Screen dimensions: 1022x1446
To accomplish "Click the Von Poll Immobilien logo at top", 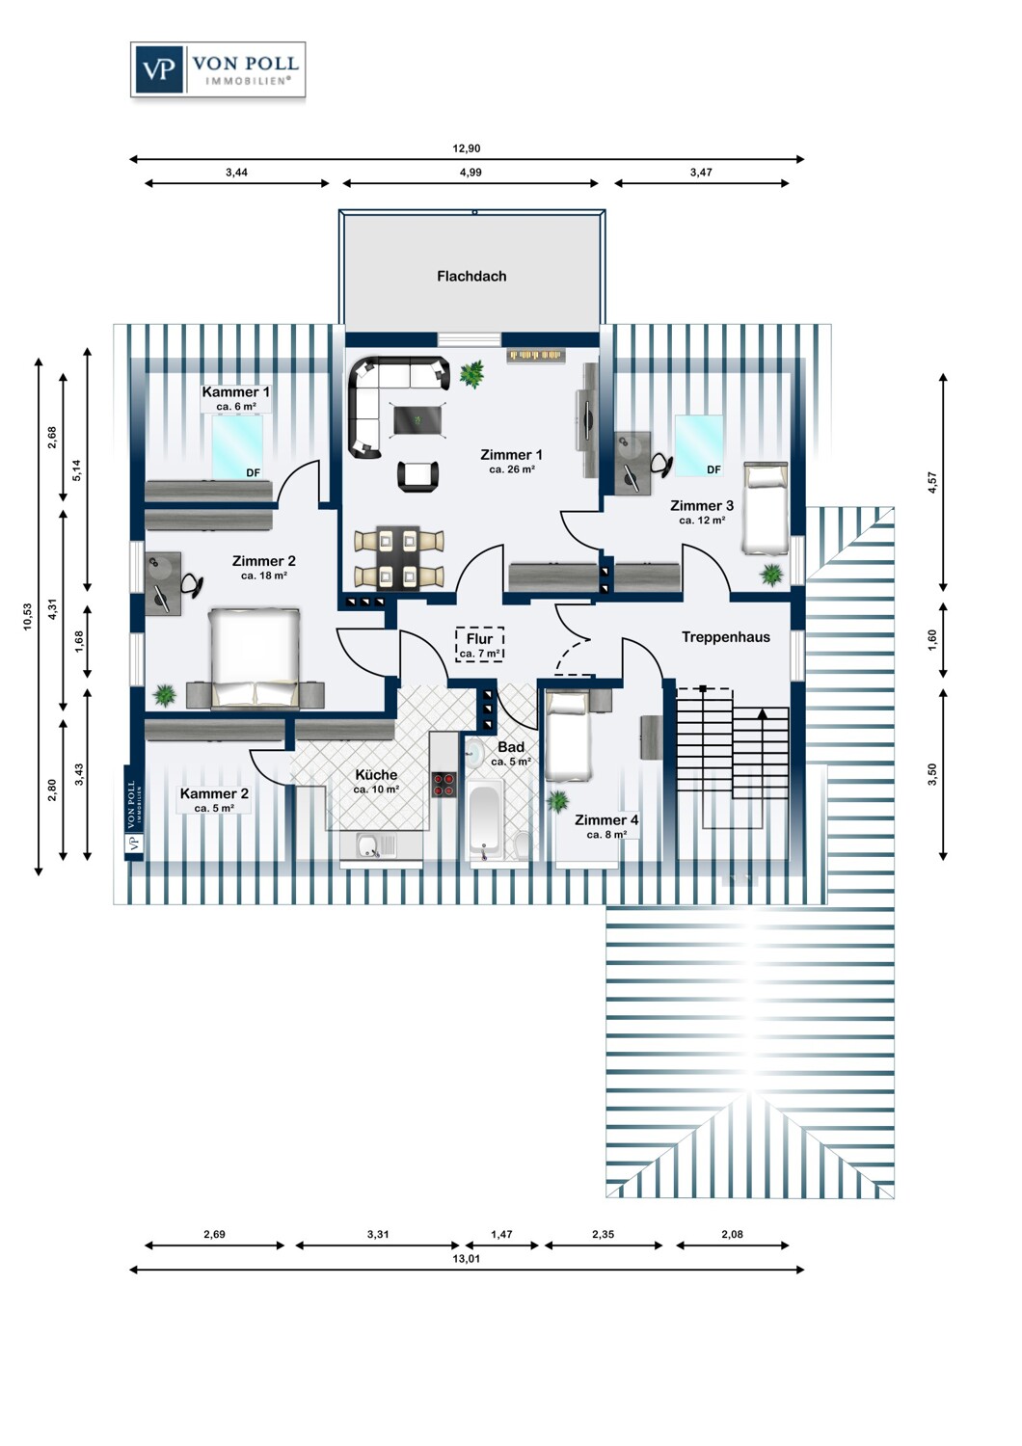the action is (x=218, y=69).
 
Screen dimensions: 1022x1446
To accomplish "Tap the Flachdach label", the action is (x=471, y=277).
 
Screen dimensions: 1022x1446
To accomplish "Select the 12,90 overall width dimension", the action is (x=466, y=148).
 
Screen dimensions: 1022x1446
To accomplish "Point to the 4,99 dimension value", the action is (x=471, y=173).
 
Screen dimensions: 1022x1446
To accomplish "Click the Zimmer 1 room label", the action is (x=511, y=455).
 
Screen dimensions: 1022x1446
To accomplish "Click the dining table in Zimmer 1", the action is (x=399, y=558).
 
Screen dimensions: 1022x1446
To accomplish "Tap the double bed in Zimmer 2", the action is (x=255, y=656).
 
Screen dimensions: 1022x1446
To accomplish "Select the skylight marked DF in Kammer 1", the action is (x=237, y=446).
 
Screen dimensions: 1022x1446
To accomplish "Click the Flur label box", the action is (x=480, y=645).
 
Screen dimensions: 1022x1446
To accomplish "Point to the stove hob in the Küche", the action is (x=444, y=785).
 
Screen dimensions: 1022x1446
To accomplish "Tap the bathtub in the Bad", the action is (x=484, y=820).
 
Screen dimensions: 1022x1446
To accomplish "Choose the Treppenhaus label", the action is (x=726, y=637).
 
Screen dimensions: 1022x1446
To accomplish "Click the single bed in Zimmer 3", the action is (x=766, y=508).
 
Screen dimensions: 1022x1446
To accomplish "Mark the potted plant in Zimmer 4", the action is (x=556, y=801).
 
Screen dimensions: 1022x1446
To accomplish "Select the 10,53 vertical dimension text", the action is (x=27, y=617).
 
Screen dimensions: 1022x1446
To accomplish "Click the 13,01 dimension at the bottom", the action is (x=466, y=1258).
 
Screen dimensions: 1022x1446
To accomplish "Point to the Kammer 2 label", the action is (x=214, y=794).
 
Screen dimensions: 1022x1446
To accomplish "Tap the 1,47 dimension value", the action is (x=501, y=1234).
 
